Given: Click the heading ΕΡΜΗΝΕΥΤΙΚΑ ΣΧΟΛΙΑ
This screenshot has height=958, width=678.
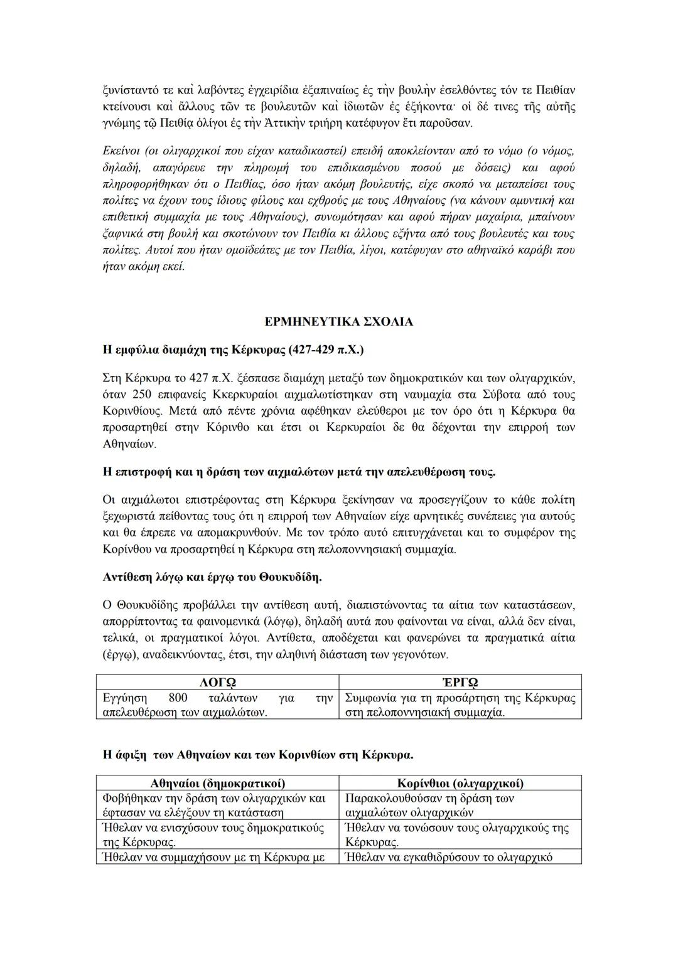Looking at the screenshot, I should click(x=338, y=322).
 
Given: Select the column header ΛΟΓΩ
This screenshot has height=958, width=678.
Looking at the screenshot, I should click(x=217, y=683).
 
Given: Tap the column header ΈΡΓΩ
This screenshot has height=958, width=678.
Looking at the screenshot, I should click(x=460, y=683).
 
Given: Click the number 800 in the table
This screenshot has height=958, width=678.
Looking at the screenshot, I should click(x=178, y=698).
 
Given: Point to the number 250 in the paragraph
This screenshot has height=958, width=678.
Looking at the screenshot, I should click(x=142, y=395).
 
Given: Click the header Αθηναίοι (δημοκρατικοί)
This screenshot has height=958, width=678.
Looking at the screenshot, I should click(x=217, y=784).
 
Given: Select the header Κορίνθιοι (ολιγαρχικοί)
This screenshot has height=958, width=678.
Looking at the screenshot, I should click(x=460, y=784).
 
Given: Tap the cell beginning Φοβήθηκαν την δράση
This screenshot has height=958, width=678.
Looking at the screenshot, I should click(x=213, y=805).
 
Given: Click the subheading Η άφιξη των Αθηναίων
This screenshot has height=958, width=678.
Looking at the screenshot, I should click(x=257, y=754).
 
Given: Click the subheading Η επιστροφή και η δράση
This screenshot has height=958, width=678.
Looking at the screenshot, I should click(x=298, y=472).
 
